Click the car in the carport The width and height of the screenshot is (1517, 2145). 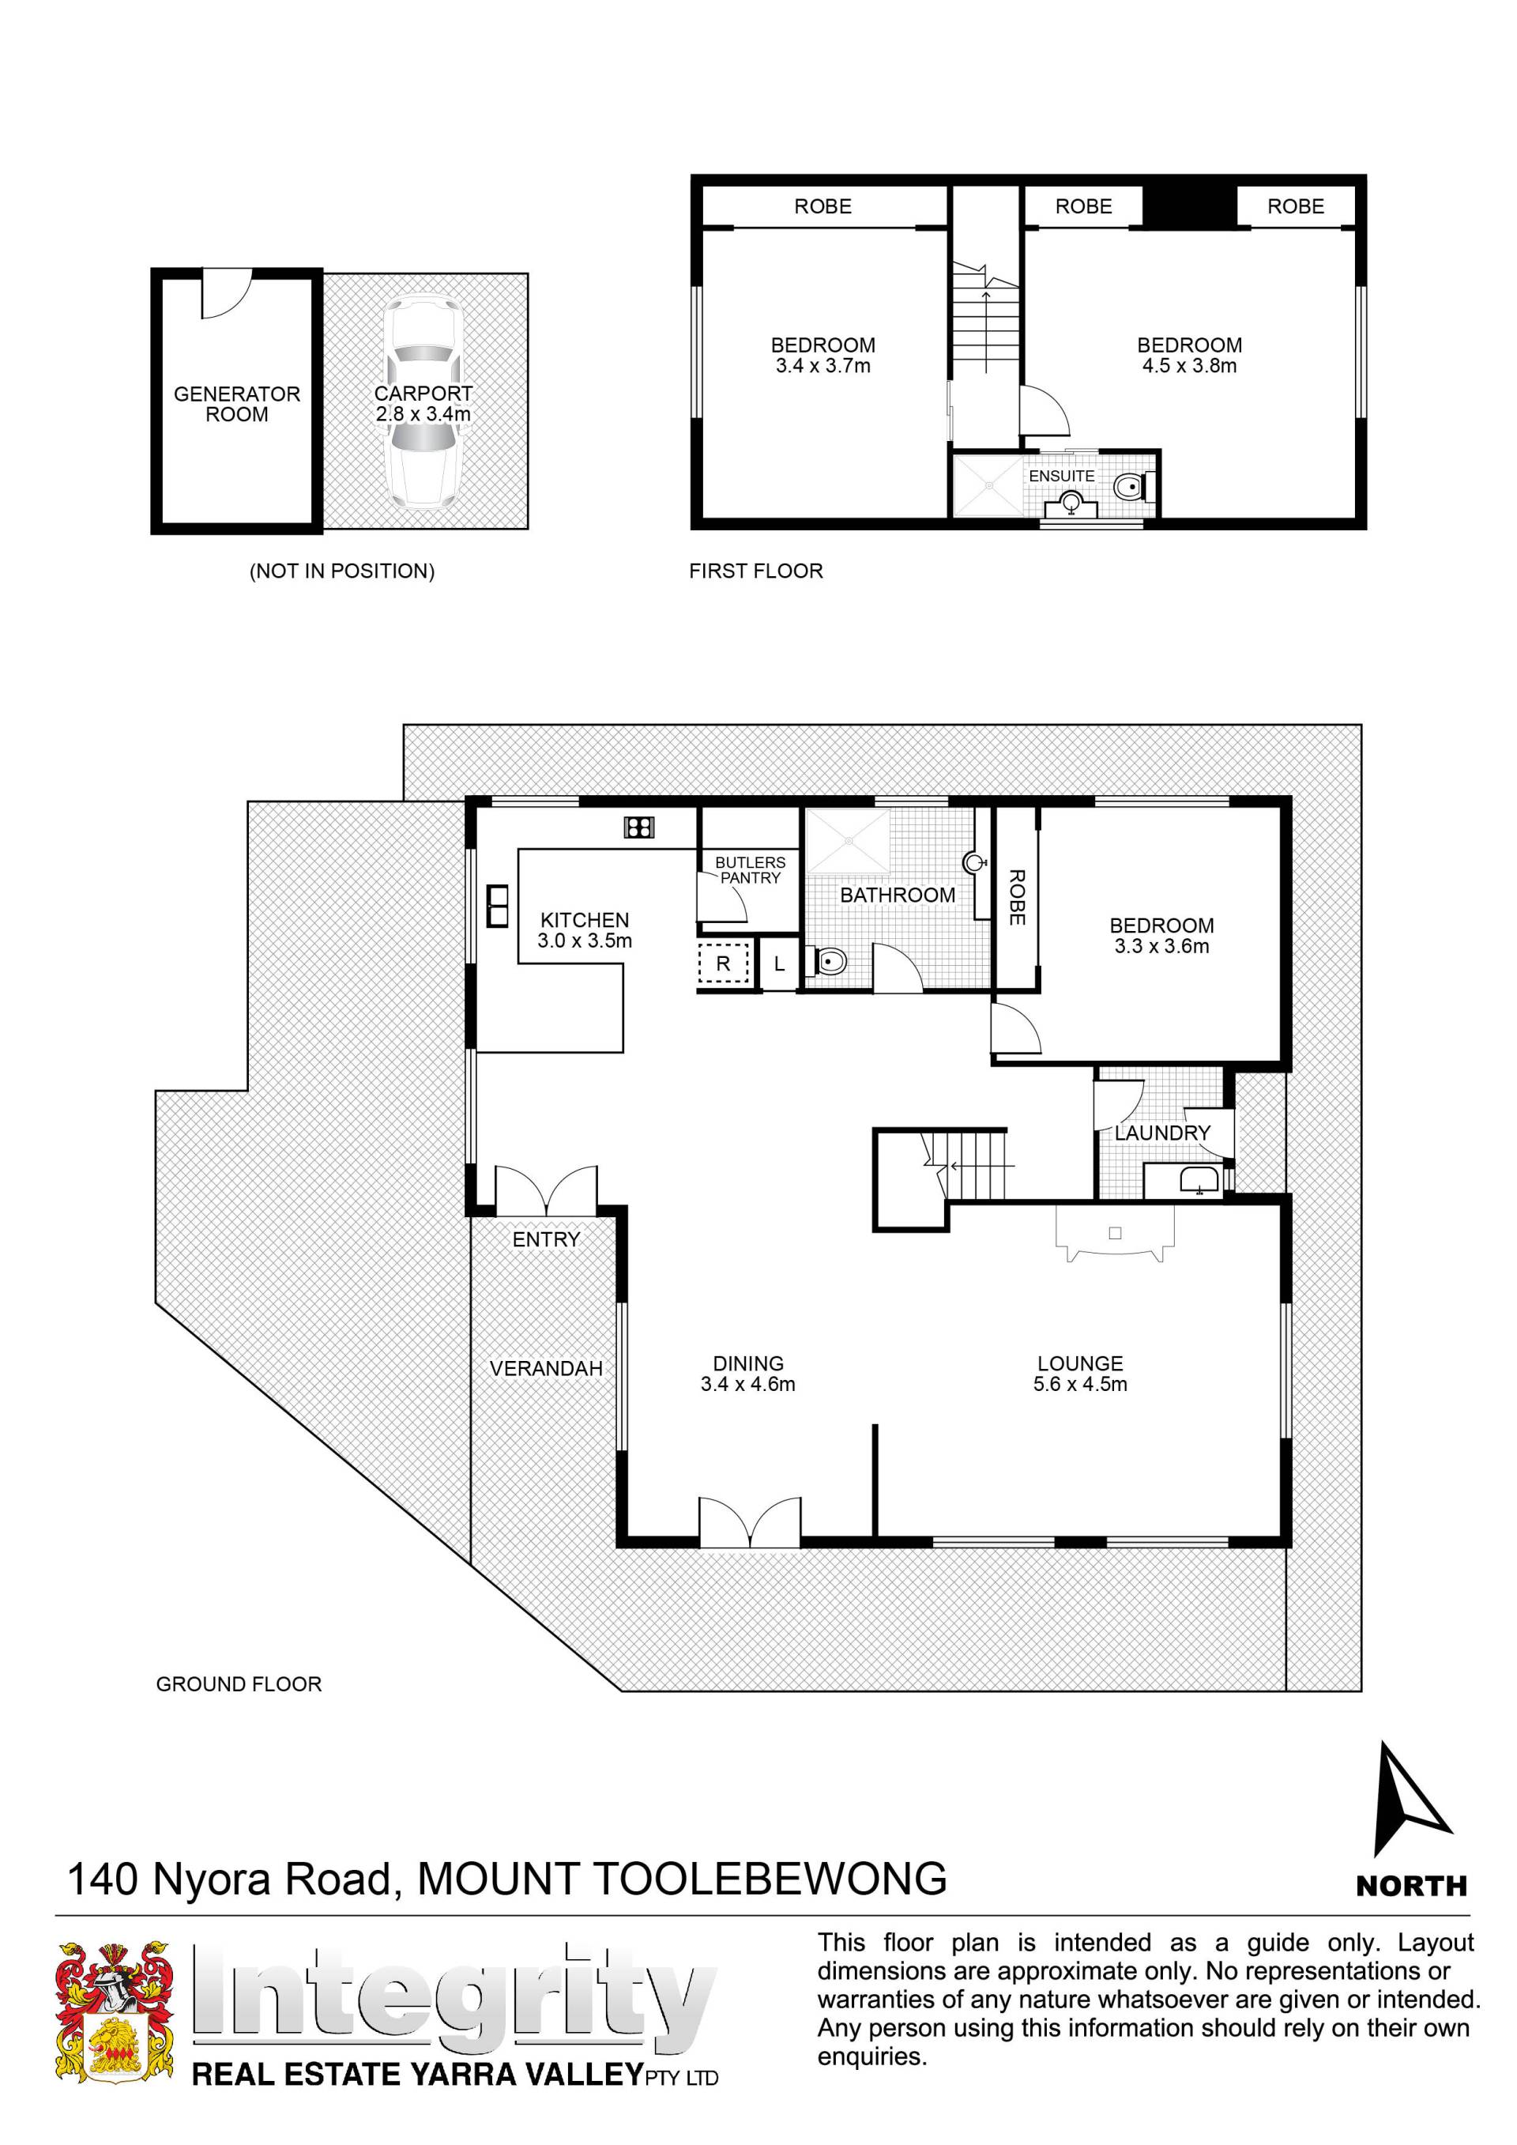(x=423, y=402)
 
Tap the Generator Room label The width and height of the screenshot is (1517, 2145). (x=237, y=404)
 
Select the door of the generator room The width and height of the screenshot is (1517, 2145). (x=227, y=294)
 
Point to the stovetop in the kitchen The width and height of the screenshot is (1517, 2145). (x=639, y=827)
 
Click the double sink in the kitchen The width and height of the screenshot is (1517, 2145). (x=498, y=905)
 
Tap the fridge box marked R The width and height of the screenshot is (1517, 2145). (x=723, y=964)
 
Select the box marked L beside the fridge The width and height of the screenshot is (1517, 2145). (x=779, y=964)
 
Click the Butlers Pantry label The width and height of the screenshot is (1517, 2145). (x=750, y=869)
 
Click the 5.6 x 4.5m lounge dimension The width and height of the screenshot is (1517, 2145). (x=1080, y=1384)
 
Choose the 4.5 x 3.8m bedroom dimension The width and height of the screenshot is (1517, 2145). (x=1189, y=366)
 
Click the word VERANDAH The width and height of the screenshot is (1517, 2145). (x=547, y=1369)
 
